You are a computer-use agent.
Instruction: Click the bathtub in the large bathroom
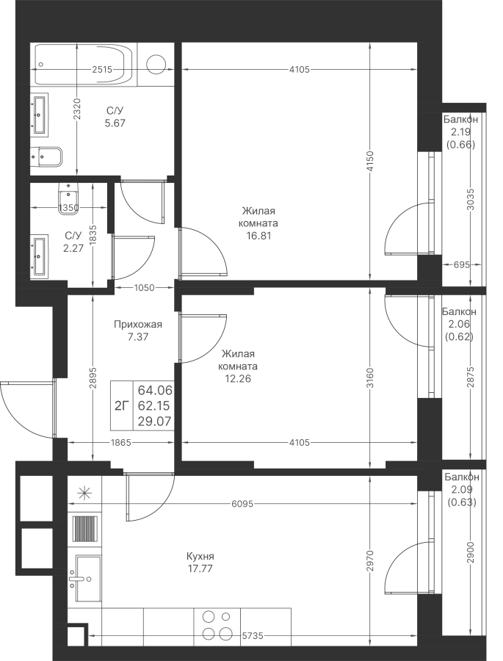click(86, 65)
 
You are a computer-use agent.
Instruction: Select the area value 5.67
click(115, 123)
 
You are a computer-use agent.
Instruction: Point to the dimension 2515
click(102, 70)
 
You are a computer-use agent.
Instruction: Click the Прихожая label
click(138, 324)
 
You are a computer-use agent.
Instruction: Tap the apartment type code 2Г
click(122, 405)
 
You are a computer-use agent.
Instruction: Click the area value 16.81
click(259, 236)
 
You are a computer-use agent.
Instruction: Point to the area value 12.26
click(238, 378)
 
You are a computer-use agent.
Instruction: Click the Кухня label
click(200, 556)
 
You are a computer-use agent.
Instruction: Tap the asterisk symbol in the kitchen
click(84, 493)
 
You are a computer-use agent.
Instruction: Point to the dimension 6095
click(242, 503)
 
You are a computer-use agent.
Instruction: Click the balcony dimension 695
click(462, 264)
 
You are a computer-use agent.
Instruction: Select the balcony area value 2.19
click(461, 132)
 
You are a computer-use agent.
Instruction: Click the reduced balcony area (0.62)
click(460, 336)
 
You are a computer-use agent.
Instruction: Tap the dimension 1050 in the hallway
click(144, 288)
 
